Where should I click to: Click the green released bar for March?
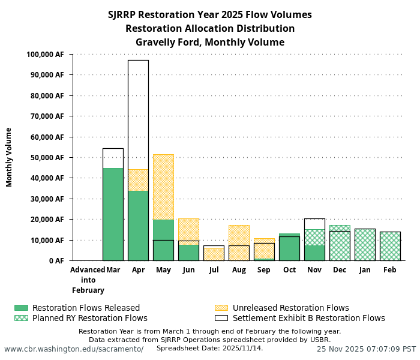click(x=113, y=214)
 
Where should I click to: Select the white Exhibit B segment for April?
click(x=138, y=114)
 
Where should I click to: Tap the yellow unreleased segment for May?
click(x=163, y=187)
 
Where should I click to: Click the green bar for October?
click(x=289, y=248)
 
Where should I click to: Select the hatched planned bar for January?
click(x=365, y=245)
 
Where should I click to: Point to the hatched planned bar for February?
click(x=390, y=246)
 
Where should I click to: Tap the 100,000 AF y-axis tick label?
click(x=45, y=55)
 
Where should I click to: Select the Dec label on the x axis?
click(x=340, y=270)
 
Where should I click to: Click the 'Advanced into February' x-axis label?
click(x=88, y=280)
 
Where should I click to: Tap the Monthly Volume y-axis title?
click(x=10, y=157)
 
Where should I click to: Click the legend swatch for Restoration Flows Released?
click(x=21, y=308)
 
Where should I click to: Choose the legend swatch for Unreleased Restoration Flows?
click(x=221, y=308)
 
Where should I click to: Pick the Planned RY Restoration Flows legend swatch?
click(x=21, y=318)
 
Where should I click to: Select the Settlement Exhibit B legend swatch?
click(x=221, y=318)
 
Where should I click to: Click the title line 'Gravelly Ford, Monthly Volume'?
click(x=210, y=43)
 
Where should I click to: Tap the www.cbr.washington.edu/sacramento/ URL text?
click(x=74, y=349)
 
